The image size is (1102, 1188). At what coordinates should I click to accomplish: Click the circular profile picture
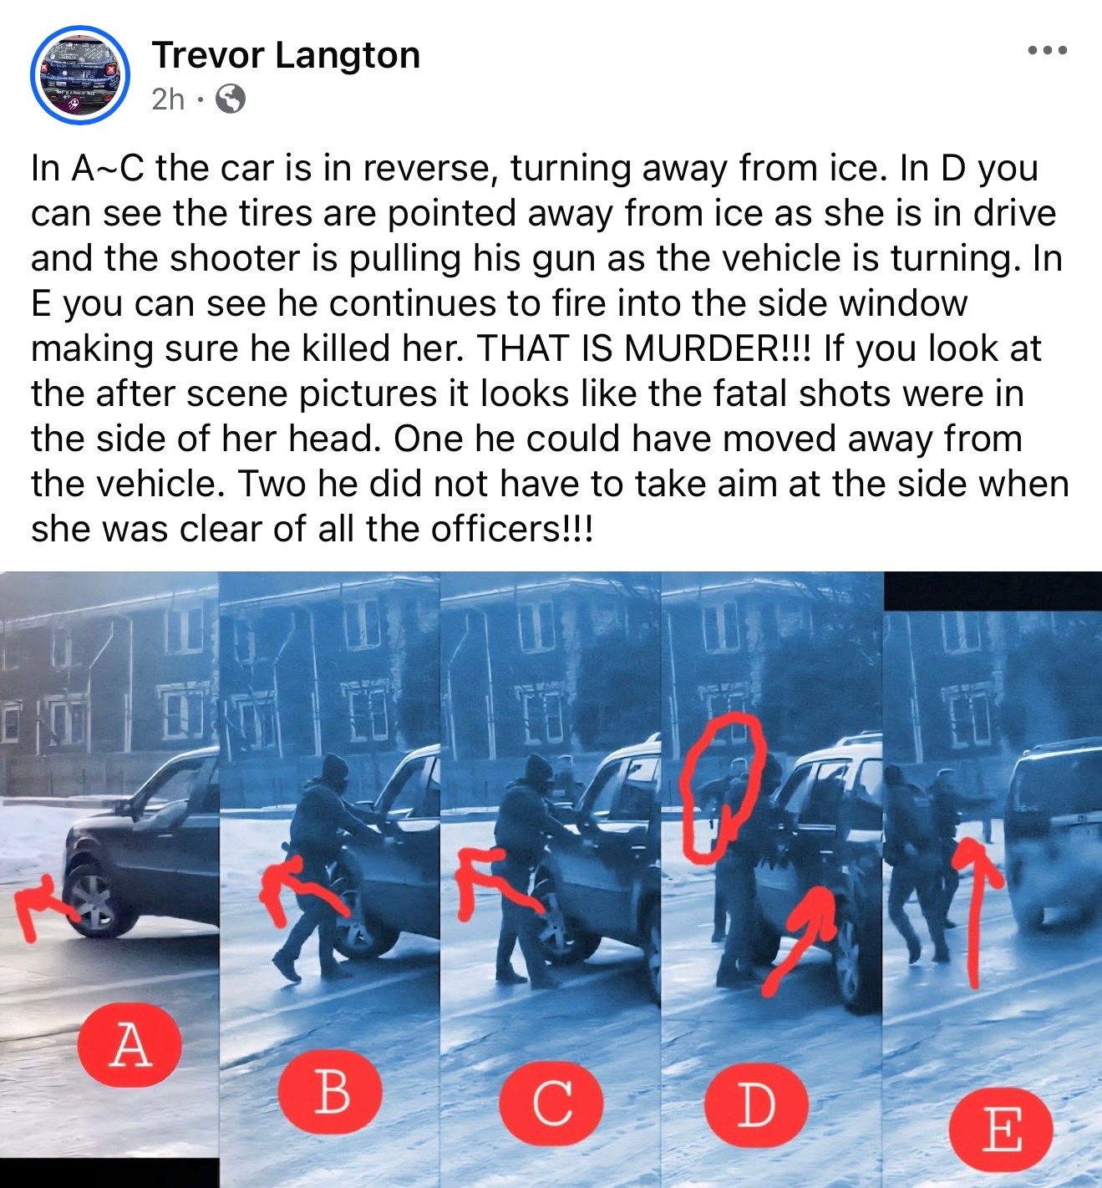click(x=80, y=75)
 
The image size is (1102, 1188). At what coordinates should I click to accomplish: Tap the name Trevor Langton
click(x=286, y=55)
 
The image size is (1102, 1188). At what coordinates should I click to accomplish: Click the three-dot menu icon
click(x=1048, y=50)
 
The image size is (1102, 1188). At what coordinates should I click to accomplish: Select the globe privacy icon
click(x=231, y=99)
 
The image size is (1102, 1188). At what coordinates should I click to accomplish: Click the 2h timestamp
click(x=167, y=99)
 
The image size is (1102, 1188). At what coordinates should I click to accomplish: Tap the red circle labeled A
click(x=129, y=1044)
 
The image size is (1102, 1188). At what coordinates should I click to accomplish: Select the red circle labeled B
click(x=331, y=1091)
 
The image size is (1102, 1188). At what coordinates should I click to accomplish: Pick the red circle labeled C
click(x=551, y=1103)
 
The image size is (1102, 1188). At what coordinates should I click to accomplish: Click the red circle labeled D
click(x=757, y=1104)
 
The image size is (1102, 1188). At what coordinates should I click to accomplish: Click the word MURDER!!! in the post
click(x=718, y=348)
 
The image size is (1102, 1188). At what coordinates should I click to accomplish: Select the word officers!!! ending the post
click(x=512, y=529)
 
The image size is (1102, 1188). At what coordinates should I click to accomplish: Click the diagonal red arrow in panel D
click(x=800, y=939)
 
